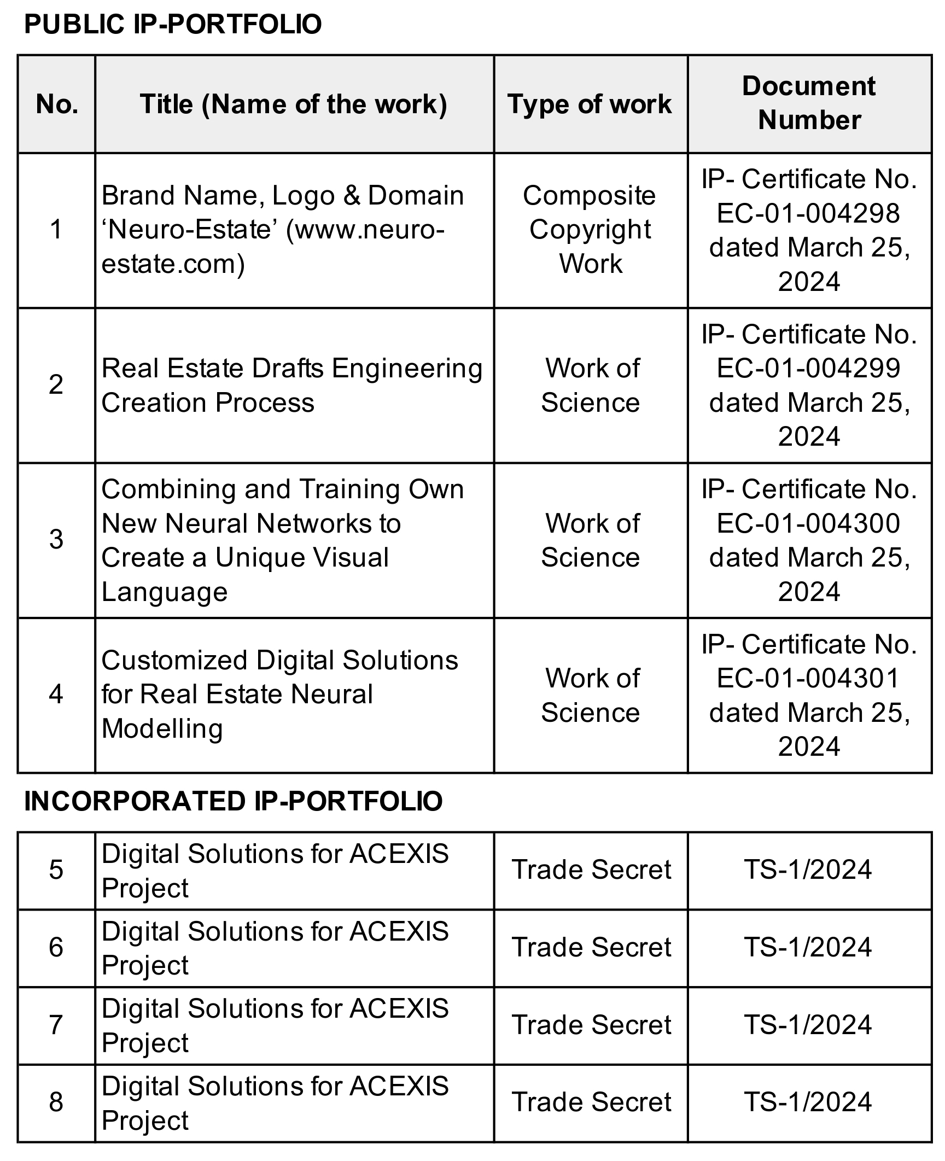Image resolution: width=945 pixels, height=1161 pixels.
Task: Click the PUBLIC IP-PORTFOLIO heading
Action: pos(173,25)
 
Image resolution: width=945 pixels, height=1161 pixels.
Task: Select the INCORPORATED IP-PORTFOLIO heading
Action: pos(233,801)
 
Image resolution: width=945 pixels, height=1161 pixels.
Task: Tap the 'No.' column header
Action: pos(57,104)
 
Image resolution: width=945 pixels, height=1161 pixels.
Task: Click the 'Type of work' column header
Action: pos(590,104)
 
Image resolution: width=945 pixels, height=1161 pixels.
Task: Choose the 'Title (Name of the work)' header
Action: pos(294,104)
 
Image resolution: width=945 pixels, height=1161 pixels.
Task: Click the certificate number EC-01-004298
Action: pos(808,213)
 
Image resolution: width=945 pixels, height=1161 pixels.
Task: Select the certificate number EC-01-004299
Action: pos(808,368)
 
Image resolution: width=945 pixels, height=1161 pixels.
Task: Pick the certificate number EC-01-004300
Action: pos(808,523)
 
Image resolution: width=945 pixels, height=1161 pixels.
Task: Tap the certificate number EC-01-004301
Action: pos(808,678)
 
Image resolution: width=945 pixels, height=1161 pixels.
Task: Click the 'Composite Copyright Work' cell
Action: pos(590,230)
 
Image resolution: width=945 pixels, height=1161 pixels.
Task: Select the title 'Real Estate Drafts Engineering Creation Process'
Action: pos(291,385)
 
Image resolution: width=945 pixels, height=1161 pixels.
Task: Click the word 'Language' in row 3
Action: pos(165,592)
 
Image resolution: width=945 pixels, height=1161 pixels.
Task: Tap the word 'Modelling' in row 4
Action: pos(162,728)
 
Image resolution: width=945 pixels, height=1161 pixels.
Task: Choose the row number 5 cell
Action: pos(56,870)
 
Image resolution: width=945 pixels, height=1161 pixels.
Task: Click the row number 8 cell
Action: pos(56,1102)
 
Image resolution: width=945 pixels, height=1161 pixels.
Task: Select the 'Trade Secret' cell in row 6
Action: pos(591,947)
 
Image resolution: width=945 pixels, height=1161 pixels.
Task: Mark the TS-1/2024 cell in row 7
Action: pos(808,1025)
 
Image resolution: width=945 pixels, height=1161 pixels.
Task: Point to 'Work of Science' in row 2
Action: pos(591,385)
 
